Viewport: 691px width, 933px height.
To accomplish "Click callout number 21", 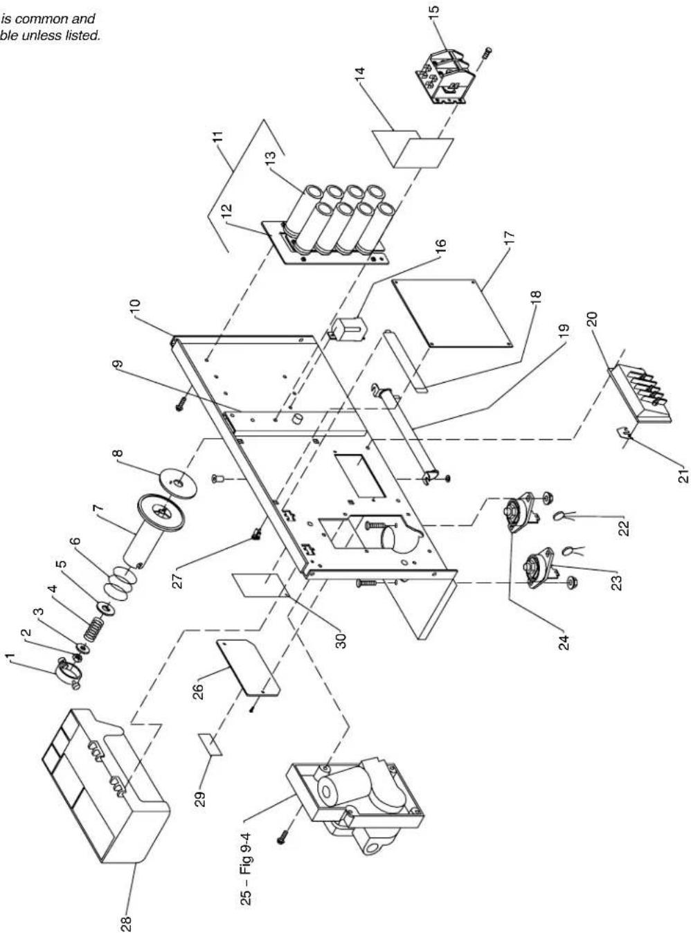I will [683, 475].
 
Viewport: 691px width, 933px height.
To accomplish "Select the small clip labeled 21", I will [625, 434].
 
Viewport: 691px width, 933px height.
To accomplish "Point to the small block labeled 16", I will [348, 327].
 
